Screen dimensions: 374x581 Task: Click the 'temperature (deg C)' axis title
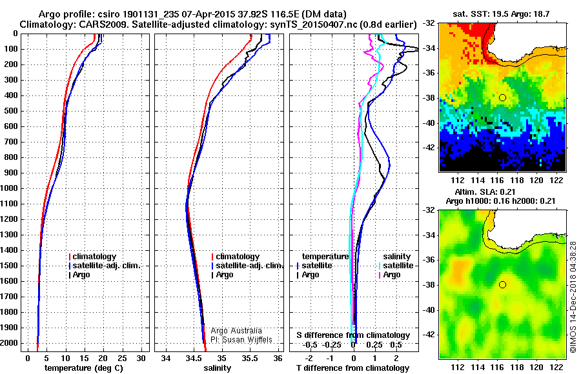(83, 368)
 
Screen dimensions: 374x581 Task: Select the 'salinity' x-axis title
(217, 368)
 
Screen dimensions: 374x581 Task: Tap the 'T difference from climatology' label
(353, 368)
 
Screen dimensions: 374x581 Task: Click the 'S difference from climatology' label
(353, 335)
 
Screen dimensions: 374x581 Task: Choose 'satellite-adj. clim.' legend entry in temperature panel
(107, 266)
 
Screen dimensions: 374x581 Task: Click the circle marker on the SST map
(502, 97)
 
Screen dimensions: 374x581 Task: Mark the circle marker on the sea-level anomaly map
(502, 284)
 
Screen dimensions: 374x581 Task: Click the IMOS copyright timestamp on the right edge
(573, 297)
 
